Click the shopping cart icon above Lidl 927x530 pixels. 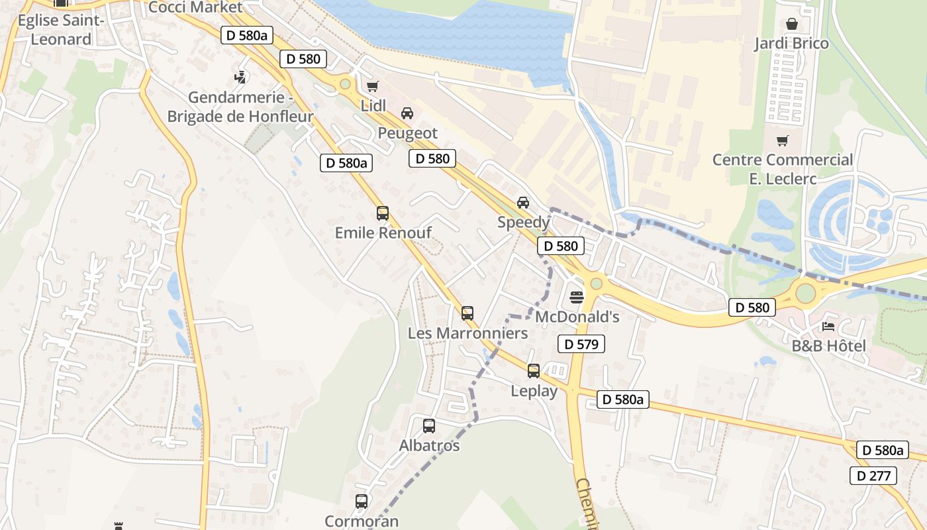pyautogui.click(x=372, y=86)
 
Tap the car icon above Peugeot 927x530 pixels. pyautogui.click(x=407, y=113)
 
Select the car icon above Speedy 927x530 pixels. pyautogui.click(x=523, y=202)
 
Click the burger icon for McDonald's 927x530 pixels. pyautogui.click(x=576, y=296)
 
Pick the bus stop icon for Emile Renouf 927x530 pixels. pyautogui.click(x=383, y=213)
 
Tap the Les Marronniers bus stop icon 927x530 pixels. pyautogui.click(x=467, y=313)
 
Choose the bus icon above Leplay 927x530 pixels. pyautogui.click(x=534, y=371)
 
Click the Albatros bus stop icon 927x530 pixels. pyautogui.click(x=429, y=426)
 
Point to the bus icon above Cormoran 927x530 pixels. pyautogui.click(x=362, y=502)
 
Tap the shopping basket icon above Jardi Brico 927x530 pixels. pyautogui.click(x=791, y=25)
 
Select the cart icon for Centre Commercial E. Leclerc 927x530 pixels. pyautogui.click(x=783, y=140)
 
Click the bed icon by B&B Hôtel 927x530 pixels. pyautogui.click(x=828, y=326)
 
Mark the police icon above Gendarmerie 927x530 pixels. pyautogui.click(x=240, y=78)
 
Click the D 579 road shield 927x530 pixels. pyautogui.click(x=581, y=344)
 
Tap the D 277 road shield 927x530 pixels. pyautogui.click(x=873, y=476)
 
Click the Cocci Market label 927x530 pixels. pyautogui.click(x=196, y=7)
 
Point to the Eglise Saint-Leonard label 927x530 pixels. pyautogui.click(x=61, y=30)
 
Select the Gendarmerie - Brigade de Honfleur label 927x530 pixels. pyautogui.click(x=240, y=107)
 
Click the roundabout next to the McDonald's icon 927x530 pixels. pyautogui.click(x=597, y=284)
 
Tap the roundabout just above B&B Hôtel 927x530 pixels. pyautogui.click(x=805, y=292)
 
